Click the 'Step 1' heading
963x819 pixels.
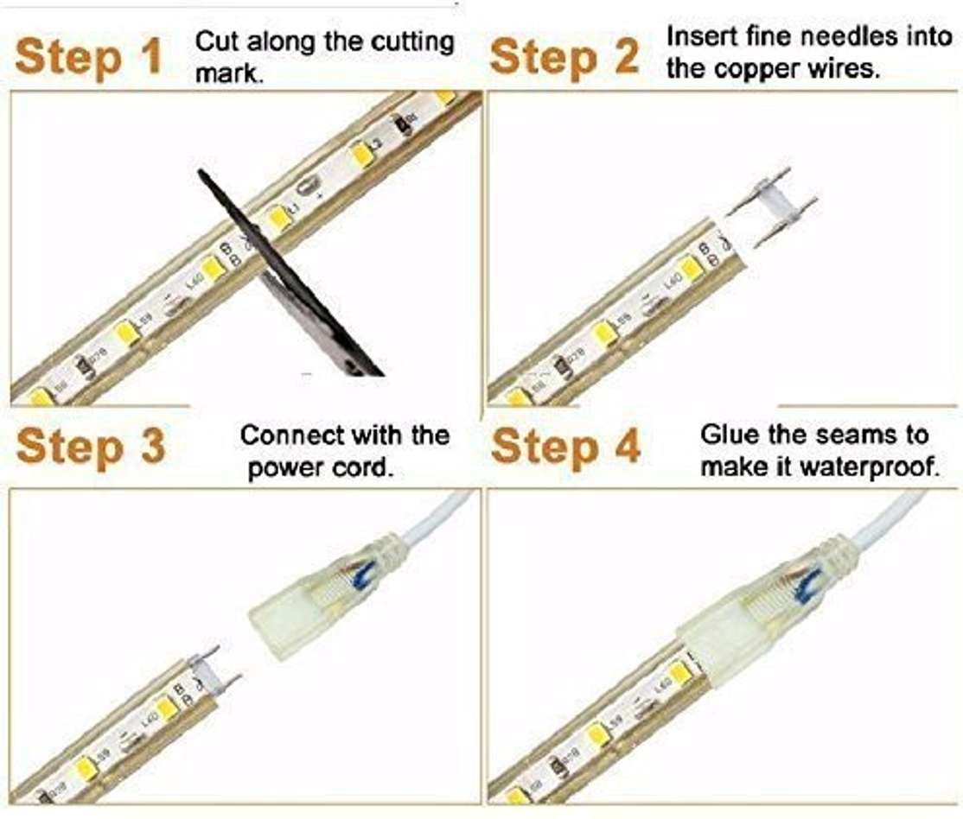pos(88,58)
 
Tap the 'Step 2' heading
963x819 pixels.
pos(564,58)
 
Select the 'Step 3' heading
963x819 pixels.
pos(91,446)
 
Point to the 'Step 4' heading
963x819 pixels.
pos(565,446)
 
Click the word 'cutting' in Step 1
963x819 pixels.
pos(412,43)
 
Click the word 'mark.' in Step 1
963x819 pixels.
pos(229,73)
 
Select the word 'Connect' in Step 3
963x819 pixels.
pos(291,435)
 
